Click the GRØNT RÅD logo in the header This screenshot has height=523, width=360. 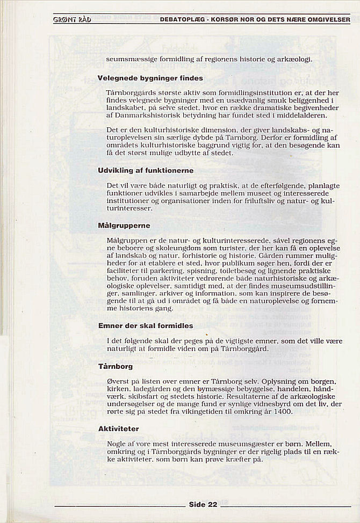coord(73,20)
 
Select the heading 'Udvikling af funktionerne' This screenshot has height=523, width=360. coord(138,170)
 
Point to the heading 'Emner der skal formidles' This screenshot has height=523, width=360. coord(146,325)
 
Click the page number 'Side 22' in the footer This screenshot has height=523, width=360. coord(203,504)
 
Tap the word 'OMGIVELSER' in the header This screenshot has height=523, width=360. coord(326,20)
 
